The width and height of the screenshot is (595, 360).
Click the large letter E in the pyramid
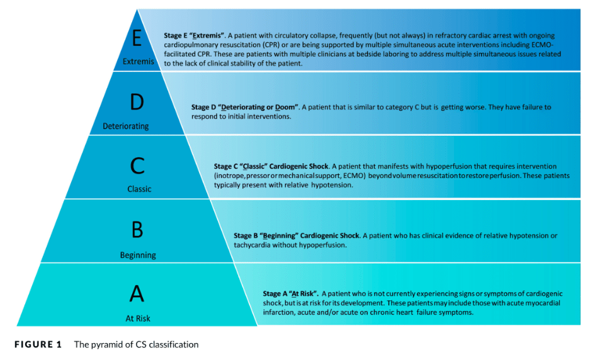coord(137,38)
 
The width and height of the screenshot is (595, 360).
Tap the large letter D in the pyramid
coord(137,102)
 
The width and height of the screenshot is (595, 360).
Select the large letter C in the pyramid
coord(137,166)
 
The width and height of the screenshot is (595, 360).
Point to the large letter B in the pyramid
coord(137,230)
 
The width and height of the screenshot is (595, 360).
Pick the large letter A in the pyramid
coord(137,293)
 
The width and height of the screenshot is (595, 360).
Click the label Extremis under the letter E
coord(139,62)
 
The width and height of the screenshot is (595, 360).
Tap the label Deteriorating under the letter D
coord(125,127)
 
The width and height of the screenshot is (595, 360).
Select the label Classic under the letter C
coord(139,189)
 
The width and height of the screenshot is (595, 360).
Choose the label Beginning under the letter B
coord(138,255)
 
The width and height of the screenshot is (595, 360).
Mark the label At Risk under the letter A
coord(138,318)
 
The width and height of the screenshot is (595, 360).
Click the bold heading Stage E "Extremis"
coord(195,36)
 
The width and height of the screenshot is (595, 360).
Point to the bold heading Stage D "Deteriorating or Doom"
coord(245,108)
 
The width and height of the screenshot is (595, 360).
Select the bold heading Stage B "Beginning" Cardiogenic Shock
coord(297,235)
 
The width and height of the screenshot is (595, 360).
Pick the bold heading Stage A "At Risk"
coord(291,294)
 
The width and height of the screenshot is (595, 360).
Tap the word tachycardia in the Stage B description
coord(252,245)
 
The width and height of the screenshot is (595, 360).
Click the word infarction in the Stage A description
coord(278,313)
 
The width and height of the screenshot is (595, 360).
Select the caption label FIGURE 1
coord(38,344)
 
